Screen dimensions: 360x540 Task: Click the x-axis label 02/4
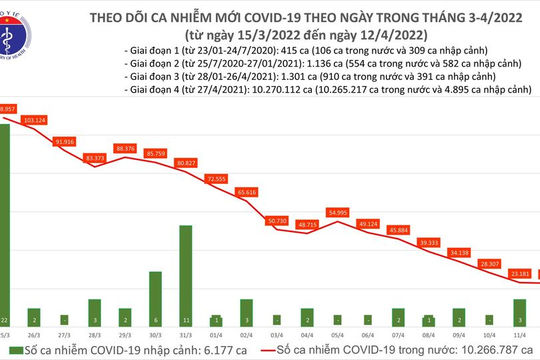tap(246, 334)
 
